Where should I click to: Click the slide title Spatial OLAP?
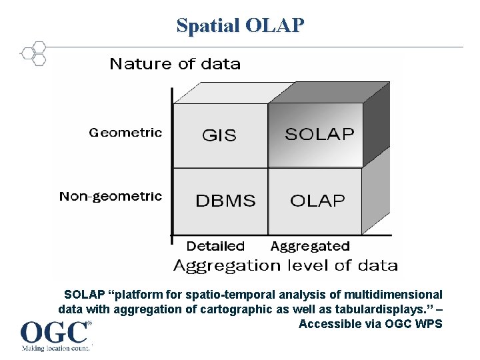click(x=240, y=25)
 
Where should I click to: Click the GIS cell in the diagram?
click(x=219, y=135)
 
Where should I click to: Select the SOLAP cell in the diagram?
click(x=319, y=134)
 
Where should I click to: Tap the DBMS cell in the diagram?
click(x=225, y=201)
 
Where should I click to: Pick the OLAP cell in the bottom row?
click(x=317, y=201)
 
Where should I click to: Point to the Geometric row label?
click(x=125, y=132)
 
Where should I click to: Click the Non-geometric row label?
click(x=111, y=196)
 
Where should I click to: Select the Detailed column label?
click(x=215, y=246)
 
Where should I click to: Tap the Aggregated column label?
click(x=310, y=247)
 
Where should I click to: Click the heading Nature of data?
click(x=175, y=64)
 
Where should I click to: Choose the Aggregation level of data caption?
click(x=285, y=265)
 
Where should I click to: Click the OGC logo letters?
click(x=54, y=332)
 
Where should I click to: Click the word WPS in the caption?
click(x=428, y=324)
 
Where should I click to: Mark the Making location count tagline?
click(x=55, y=348)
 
